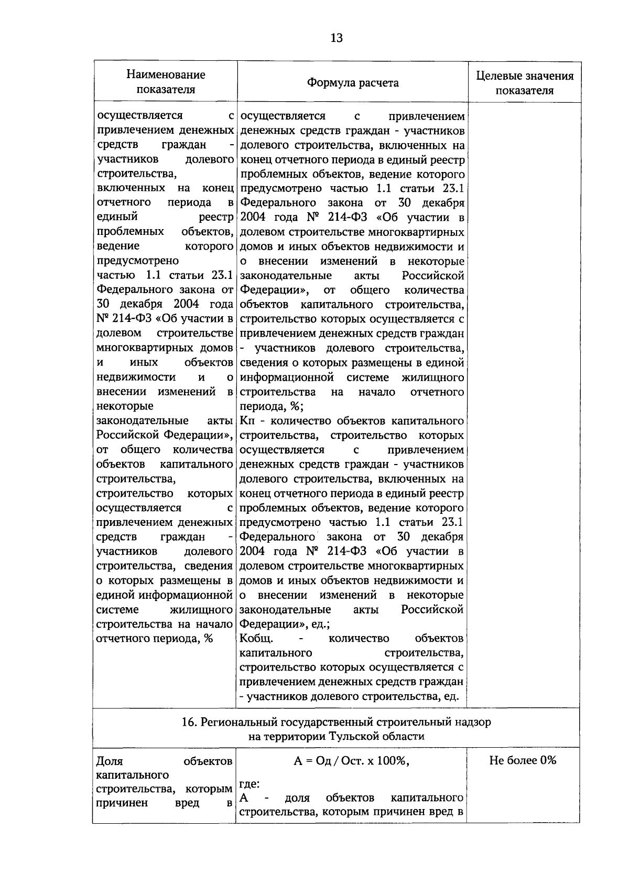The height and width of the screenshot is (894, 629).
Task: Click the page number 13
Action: point(337,38)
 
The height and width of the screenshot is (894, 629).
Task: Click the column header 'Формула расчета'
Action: point(352,83)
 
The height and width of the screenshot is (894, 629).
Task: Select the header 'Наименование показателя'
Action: point(166,82)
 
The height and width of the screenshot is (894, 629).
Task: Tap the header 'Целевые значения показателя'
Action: point(524,83)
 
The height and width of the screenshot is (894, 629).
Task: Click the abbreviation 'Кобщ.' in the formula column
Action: point(256,639)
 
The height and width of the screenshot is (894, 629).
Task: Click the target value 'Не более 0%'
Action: point(523,760)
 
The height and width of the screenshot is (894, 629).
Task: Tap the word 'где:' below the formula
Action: point(250,784)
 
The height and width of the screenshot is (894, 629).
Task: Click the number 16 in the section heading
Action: point(188,722)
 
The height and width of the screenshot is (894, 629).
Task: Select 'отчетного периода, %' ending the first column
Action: point(155,639)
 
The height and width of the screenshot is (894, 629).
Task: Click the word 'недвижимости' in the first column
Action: point(136,377)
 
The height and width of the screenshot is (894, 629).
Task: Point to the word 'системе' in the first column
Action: point(118,610)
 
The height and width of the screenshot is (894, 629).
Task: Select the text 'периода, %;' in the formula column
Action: point(271,406)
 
